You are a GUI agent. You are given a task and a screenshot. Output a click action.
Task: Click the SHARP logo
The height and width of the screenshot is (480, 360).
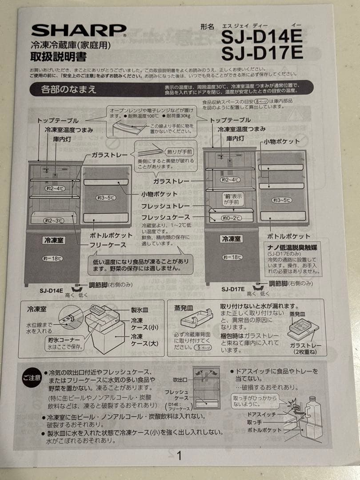[79, 30]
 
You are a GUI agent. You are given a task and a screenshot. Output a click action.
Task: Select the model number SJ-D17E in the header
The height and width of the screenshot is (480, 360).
[262, 53]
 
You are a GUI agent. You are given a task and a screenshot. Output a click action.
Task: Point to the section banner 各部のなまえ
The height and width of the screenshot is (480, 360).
[68, 89]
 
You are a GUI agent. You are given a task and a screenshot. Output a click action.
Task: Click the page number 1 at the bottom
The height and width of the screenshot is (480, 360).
[179, 456]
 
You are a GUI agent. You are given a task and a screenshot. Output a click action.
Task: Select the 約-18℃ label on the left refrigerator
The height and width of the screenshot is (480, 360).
[53, 258]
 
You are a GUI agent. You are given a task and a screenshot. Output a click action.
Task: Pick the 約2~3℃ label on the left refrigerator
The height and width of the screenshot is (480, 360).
[53, 220]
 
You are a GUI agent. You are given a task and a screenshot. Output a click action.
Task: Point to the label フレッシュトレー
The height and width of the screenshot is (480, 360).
[166, 206]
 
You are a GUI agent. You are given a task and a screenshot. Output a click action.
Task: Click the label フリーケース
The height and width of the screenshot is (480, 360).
[108, 244]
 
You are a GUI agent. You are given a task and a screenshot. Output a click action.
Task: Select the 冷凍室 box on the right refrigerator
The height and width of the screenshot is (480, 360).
[232, 239]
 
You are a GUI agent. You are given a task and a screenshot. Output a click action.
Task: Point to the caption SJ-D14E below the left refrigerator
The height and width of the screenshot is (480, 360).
[51, 290]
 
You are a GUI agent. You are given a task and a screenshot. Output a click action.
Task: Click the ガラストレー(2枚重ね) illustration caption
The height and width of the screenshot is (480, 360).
[306, 348]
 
